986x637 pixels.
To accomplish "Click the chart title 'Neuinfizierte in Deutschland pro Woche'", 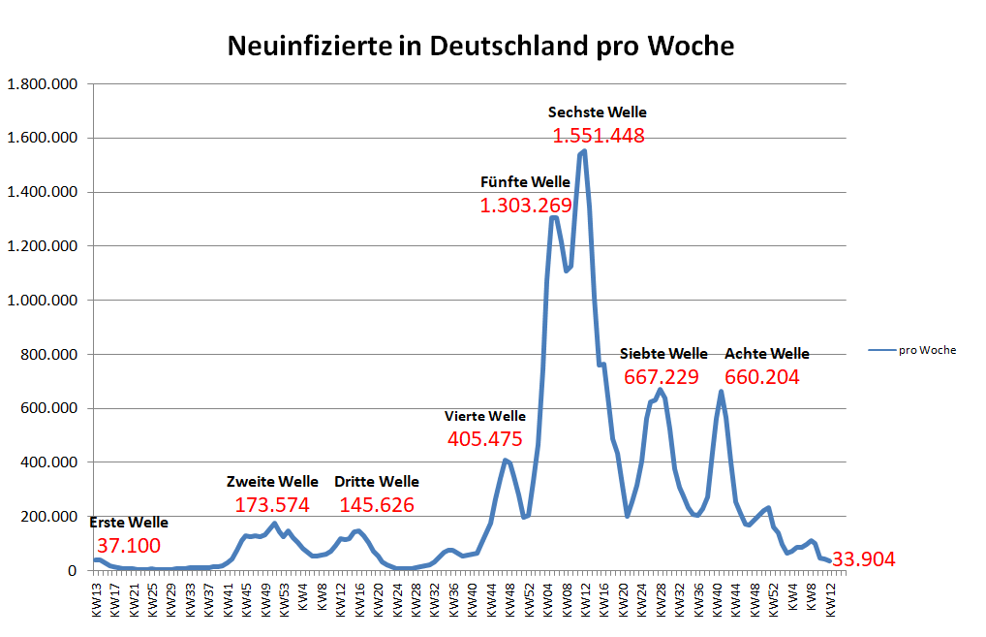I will [480, 46].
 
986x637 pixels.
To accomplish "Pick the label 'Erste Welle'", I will [129, 523].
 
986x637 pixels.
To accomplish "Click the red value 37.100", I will [129, 546].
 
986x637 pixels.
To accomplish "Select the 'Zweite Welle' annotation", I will [272, 482].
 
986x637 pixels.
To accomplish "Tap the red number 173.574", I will [272, 505].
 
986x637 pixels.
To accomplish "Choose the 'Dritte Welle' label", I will [377, 482].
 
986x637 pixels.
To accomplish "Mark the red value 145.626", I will [377, 505].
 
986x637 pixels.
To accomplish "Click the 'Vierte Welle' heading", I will [485, 416].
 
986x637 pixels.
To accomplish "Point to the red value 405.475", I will [485, 439].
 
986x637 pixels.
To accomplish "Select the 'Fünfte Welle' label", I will [525, 181].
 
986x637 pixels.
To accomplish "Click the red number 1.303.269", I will [525, 205].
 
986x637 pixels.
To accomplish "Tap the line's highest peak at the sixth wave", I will [584, 151].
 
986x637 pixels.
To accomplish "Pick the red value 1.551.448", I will [599, 136].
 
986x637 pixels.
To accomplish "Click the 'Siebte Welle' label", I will [663, 354].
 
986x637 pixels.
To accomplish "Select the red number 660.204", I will [762, 377].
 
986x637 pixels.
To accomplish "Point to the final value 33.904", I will [864, 559].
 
